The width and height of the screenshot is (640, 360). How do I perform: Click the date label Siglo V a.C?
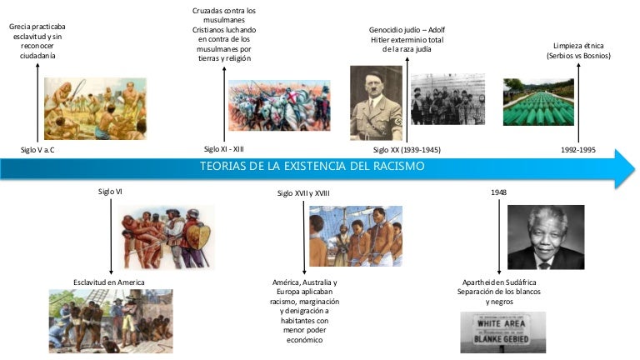point(42,150)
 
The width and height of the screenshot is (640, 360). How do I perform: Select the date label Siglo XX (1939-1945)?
point(407,150)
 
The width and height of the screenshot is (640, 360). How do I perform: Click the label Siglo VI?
point(111,192)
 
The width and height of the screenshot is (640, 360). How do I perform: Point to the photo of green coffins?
point(542,102)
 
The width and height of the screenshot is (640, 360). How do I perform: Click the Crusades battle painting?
point(267,106)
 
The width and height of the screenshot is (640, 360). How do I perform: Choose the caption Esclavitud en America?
point(108,282)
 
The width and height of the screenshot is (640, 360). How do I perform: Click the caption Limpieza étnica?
point(578,45)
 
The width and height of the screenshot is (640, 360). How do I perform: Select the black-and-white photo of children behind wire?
point(447,101)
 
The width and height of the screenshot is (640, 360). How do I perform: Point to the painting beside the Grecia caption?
point(94,108)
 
